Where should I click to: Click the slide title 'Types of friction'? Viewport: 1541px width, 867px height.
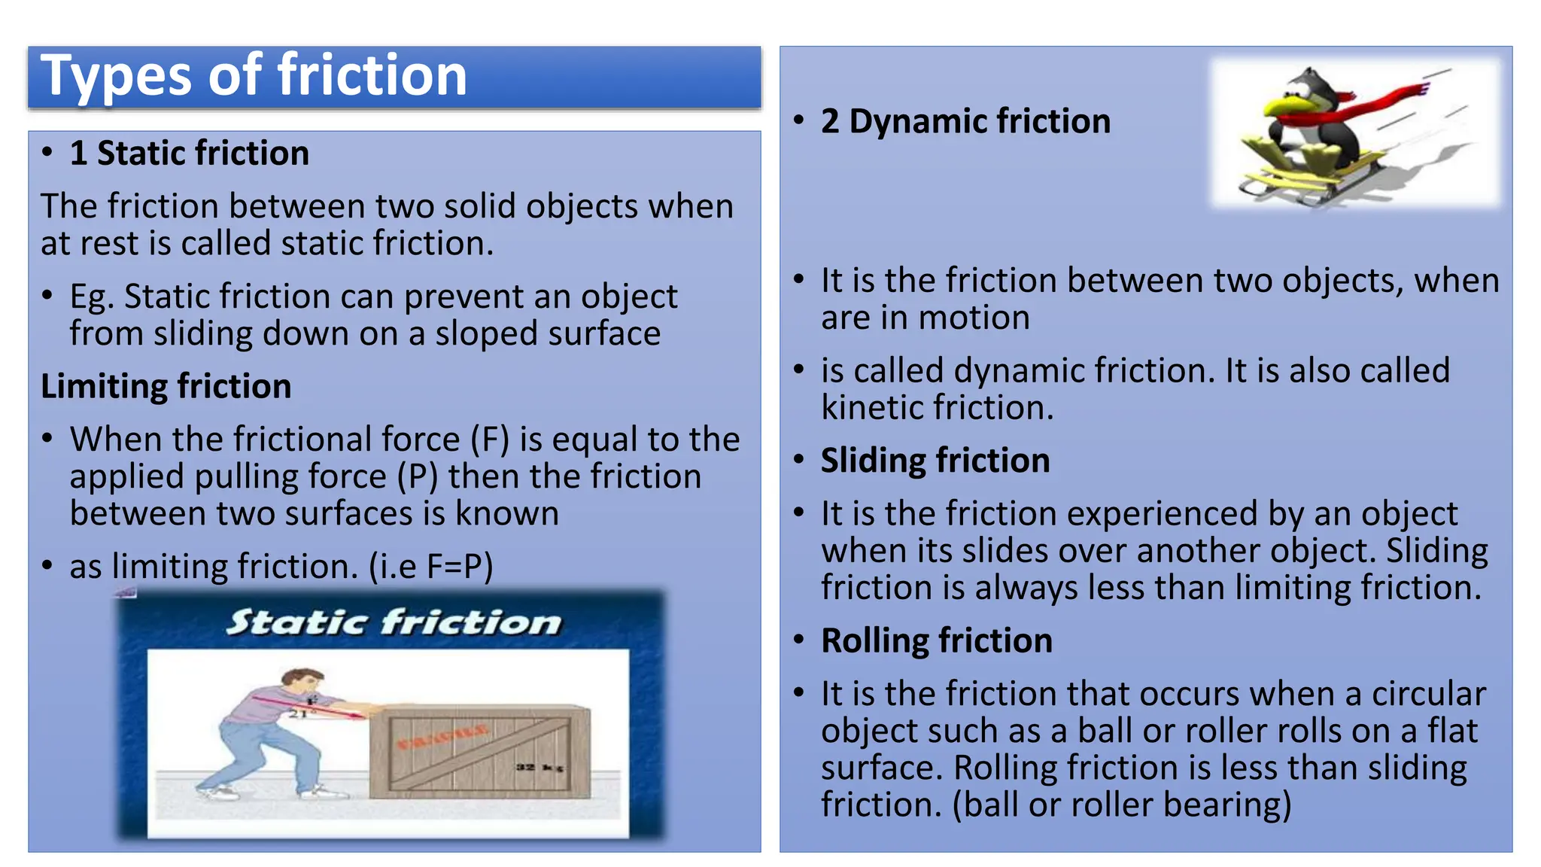coord(254,76)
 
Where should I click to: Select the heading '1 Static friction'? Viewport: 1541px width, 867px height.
coord(189,154)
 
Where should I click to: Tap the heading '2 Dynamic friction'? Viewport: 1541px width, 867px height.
coord(965,121)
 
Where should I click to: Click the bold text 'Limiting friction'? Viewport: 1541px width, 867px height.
coord(166,386)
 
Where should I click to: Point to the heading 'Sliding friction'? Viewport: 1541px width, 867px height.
coord(935,461)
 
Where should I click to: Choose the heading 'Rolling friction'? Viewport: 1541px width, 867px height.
coord(936,640)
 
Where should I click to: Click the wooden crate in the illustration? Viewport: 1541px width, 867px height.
coord(479,753)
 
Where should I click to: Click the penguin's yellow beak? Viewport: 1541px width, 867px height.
coord(1283,105)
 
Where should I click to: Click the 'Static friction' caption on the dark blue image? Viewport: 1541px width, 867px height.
coord(394,622)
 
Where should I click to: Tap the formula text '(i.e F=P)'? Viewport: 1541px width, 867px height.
coord(430,567)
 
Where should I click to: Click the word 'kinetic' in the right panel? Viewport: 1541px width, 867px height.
coord(871,408)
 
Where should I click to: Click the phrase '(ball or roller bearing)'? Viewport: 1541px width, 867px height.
coord(1121,805)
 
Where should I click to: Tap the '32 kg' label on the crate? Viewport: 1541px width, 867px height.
coord(539,767)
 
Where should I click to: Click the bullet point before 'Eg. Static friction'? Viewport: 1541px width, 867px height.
coord(47,295)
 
